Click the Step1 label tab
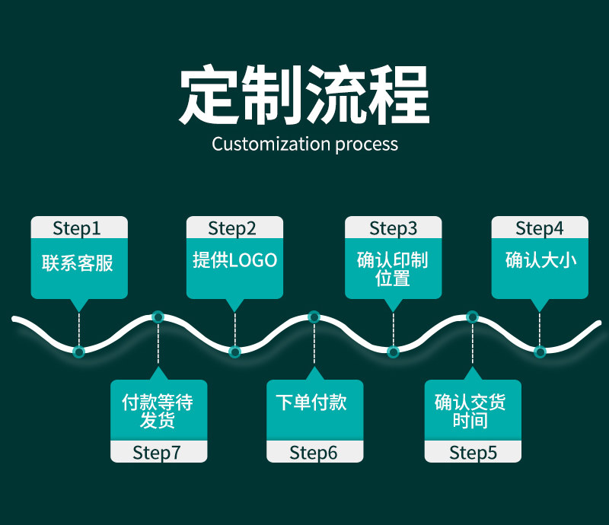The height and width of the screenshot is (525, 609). (78, 228)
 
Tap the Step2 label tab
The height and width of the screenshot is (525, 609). (234, 228)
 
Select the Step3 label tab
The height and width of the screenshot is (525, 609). (393, 228)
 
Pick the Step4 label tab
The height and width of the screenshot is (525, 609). (540, 228)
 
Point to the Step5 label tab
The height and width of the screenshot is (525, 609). (473, 453)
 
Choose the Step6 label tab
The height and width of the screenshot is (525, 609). (314, 453)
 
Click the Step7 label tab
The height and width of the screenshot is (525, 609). (158, 453)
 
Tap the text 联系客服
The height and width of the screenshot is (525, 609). (78, 263)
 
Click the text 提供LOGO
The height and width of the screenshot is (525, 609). (234, 260)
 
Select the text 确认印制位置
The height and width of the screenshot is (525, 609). (393, 269)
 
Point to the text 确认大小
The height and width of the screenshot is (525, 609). (540, 260)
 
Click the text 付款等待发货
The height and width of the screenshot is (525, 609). (158, 411)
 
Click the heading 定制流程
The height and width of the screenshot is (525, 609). (304, 97)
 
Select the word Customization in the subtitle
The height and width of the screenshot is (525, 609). (271, 144)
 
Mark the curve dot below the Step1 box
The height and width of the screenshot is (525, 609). (78, 352)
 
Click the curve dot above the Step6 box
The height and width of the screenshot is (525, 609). (314, 317)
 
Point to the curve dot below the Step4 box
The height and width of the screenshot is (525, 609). (540, 352)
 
